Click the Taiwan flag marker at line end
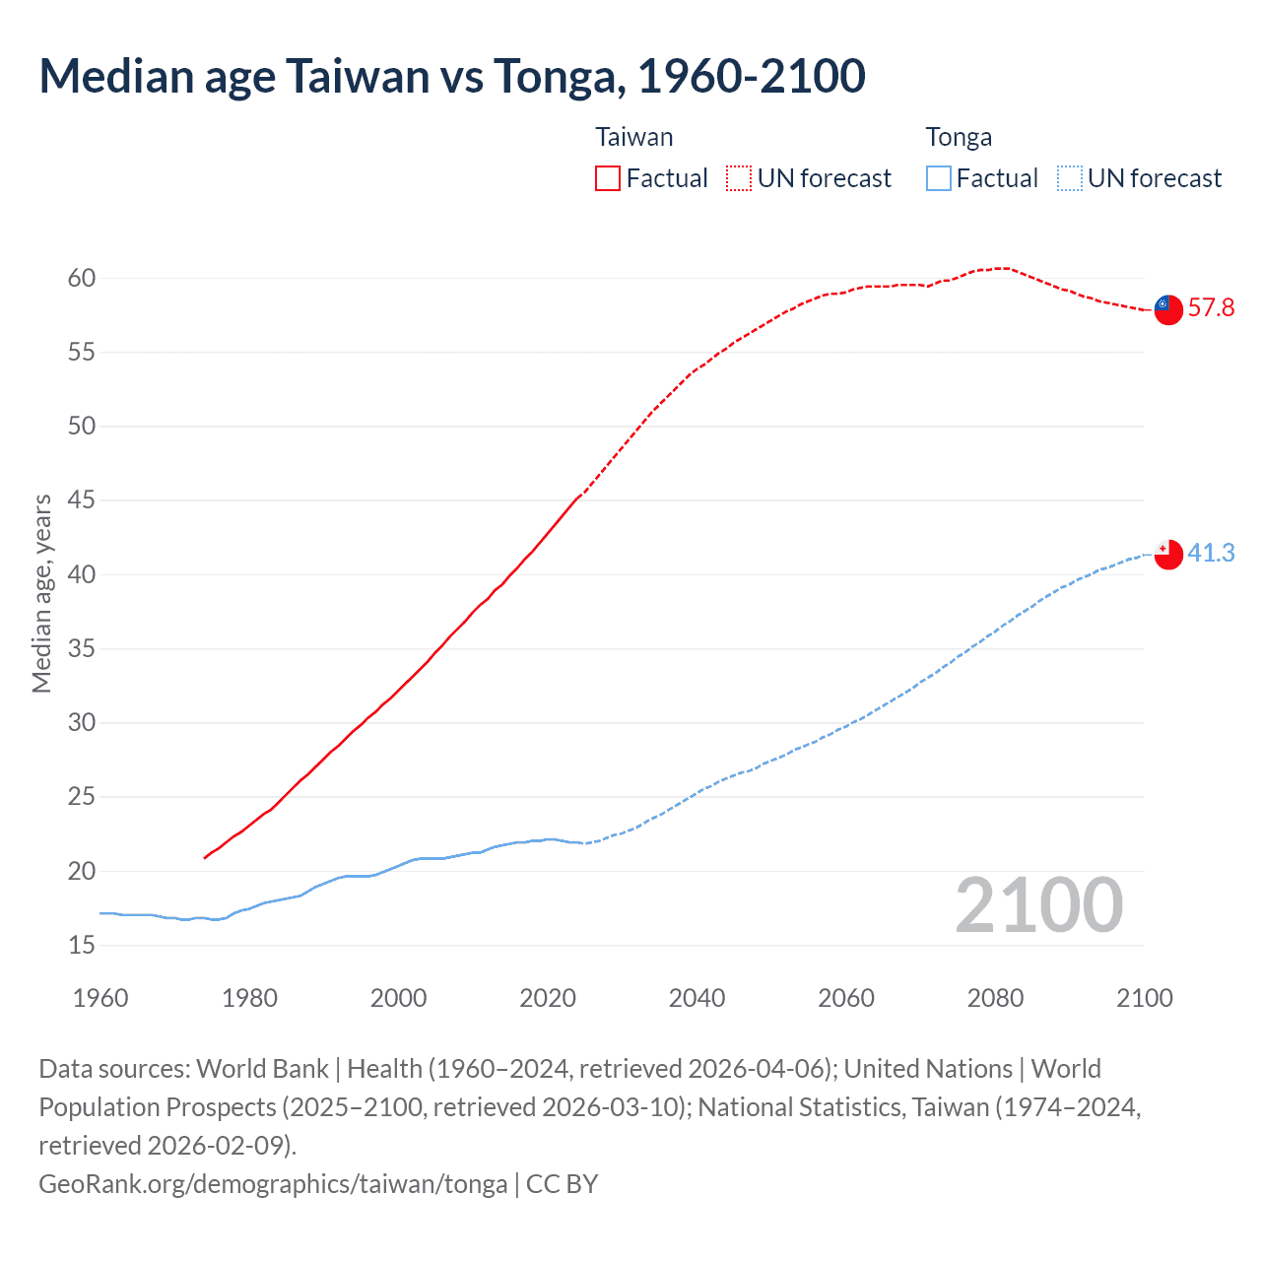1168,309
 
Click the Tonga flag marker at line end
1168,555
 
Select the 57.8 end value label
1211,308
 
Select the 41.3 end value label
1211,554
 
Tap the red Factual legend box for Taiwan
608,178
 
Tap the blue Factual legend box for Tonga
939,178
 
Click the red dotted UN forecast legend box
739,178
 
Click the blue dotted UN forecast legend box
1070,178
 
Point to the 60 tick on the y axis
82,279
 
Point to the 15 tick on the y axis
82,946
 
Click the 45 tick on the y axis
82,500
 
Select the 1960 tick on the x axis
100,998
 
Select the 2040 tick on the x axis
697,998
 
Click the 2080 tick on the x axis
995,998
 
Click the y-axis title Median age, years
41,594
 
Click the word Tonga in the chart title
558,76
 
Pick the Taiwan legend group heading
634,137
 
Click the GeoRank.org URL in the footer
273,1183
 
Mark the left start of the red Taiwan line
205,858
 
